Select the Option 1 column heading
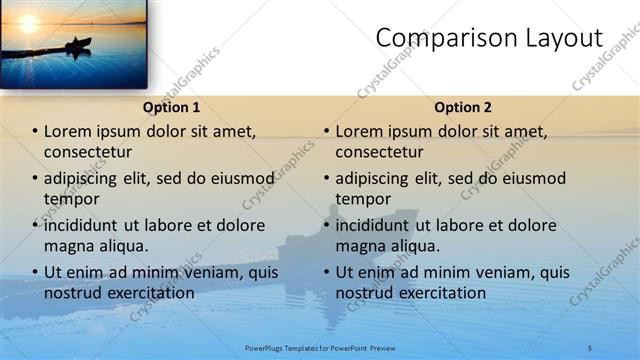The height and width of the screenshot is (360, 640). click(171, 107)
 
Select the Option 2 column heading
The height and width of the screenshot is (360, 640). click(463, 107)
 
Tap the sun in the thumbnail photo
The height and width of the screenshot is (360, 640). click(26, 22)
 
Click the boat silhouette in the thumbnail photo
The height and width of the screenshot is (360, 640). click(78, 44)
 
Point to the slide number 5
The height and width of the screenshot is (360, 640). click(590, 347)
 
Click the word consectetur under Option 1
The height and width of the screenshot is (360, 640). click(88, 152)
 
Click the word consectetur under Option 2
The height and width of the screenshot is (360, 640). click(379, 152)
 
